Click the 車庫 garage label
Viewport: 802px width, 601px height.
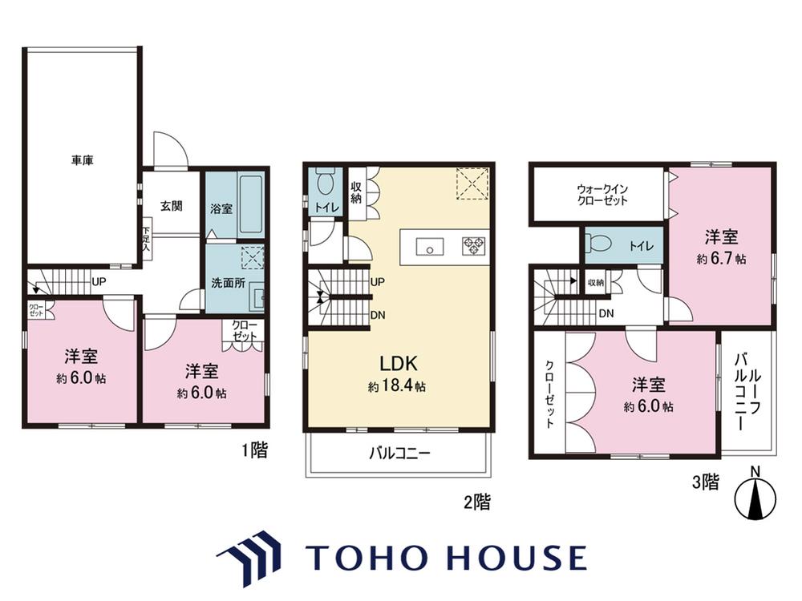[x=82, y=160]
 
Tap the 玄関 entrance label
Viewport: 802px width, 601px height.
[x=172, y=206]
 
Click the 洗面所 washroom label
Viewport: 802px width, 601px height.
[x=228, y=283]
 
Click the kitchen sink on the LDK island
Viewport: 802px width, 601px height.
[x=430, y=247]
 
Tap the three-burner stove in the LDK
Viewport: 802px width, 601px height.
[x=474, y=246]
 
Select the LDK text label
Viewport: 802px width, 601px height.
[x=399, y=363]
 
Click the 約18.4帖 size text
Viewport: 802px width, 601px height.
[x=397, y=386]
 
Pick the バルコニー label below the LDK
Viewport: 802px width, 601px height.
[x=400, y=454]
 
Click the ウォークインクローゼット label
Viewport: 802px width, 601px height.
[x=602, y=195]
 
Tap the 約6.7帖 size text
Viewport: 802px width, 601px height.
[x=721, y=259]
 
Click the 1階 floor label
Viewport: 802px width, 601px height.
[x=255, y=450]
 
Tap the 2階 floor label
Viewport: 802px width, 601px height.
[x=477, y=502]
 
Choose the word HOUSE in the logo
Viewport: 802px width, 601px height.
[x=517, y=558]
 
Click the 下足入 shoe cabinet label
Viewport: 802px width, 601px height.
[x=146, y=239]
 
